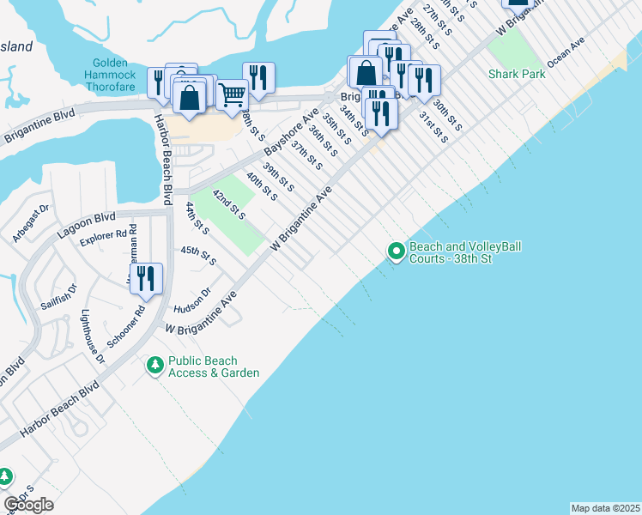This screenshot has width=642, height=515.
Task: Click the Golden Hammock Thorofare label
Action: point(111,71)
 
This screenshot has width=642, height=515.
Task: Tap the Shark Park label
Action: point(517,74)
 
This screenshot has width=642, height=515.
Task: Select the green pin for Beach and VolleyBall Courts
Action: point(396,251)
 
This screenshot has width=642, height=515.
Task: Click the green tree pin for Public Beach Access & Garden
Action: point(154,366)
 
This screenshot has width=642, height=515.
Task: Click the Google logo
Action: point(28,504)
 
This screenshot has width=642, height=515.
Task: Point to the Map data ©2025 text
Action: point(605,508)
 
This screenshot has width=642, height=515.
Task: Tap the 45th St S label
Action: point(198,254)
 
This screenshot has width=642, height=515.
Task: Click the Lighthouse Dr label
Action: point(90,336)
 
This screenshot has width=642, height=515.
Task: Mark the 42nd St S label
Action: point(229,206)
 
